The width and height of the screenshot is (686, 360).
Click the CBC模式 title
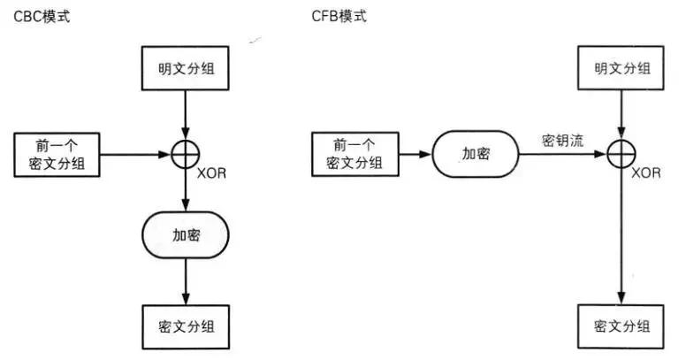pyautogui.click(x=36, y=17)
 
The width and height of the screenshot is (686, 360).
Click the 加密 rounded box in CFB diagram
pyautogui.click(x=476, y=155)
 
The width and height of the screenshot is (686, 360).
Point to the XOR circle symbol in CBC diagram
pyautogui.click(x=185, y=155)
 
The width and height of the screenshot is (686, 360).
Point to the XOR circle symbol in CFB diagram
pyautogui.click(x=622, y=155)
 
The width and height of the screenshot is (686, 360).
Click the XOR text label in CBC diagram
pyautogui.click(x=212, y=173)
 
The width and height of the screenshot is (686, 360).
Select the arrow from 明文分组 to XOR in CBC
pyautogui.click(x=185, y=115)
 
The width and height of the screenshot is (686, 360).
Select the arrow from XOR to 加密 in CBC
pyautogui.click(x=185, y=190)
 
